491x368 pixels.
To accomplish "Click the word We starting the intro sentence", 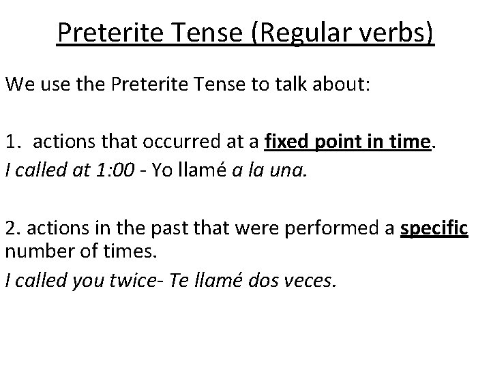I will tap(20, 85).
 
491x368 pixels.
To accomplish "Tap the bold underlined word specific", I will tap(434, 228).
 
